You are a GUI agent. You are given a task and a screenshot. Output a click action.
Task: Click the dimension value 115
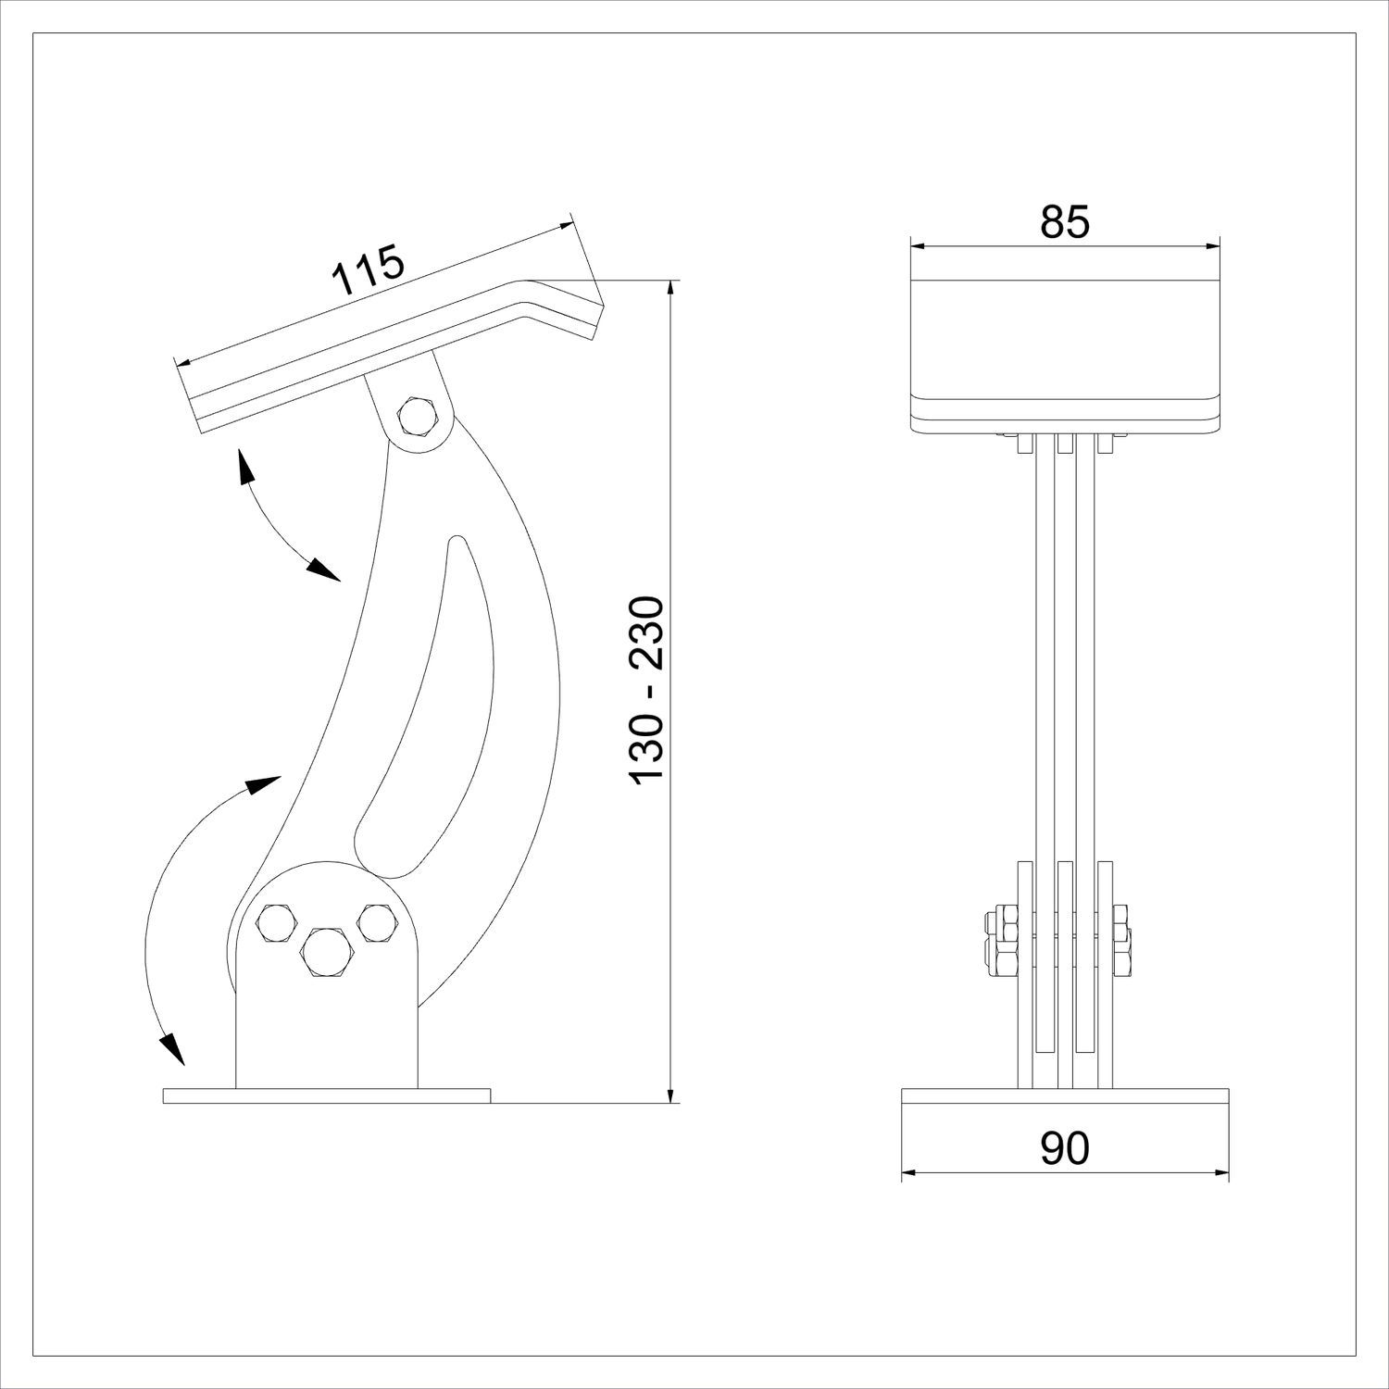[x=368, y=269]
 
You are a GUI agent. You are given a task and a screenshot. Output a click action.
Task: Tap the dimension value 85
[x=1065, y=222]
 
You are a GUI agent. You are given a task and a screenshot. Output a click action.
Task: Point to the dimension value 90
[x=1065, y=1149]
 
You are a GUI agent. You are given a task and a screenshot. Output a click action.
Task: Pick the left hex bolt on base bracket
[x=277, y=923]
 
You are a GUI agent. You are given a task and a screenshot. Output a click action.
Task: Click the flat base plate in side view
[x=326, y=1095]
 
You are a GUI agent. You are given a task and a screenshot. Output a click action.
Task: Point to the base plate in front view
[x=1065, y=1095]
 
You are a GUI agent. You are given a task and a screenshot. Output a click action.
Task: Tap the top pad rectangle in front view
[x=1065, y=338]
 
